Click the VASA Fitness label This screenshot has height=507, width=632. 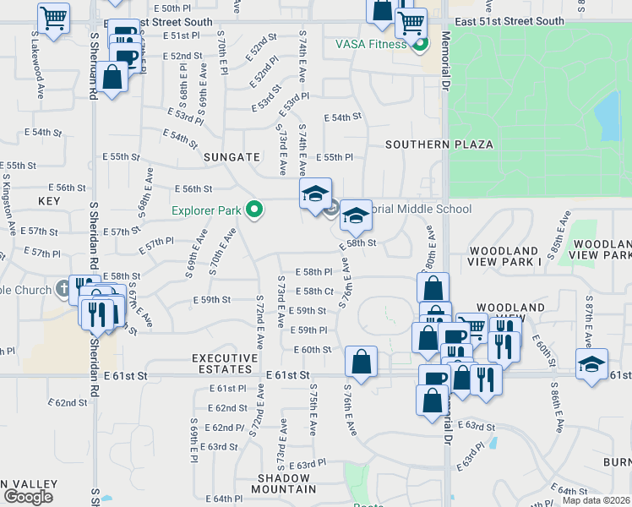pos(371,44)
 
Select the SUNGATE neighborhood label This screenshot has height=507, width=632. pos(231,157)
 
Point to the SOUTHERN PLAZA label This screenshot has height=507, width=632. pos(439,144)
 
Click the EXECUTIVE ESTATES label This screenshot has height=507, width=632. pos(224,363)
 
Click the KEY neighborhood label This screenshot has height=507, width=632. pos(49,201)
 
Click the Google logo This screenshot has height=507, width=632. pos(29,496)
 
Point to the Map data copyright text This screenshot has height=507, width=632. pos(596,499)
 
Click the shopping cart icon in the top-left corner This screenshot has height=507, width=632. pos(54,17)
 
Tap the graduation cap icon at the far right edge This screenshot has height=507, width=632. pos(591,363)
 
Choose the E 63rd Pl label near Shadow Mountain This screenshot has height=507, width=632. pos(307,464)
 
